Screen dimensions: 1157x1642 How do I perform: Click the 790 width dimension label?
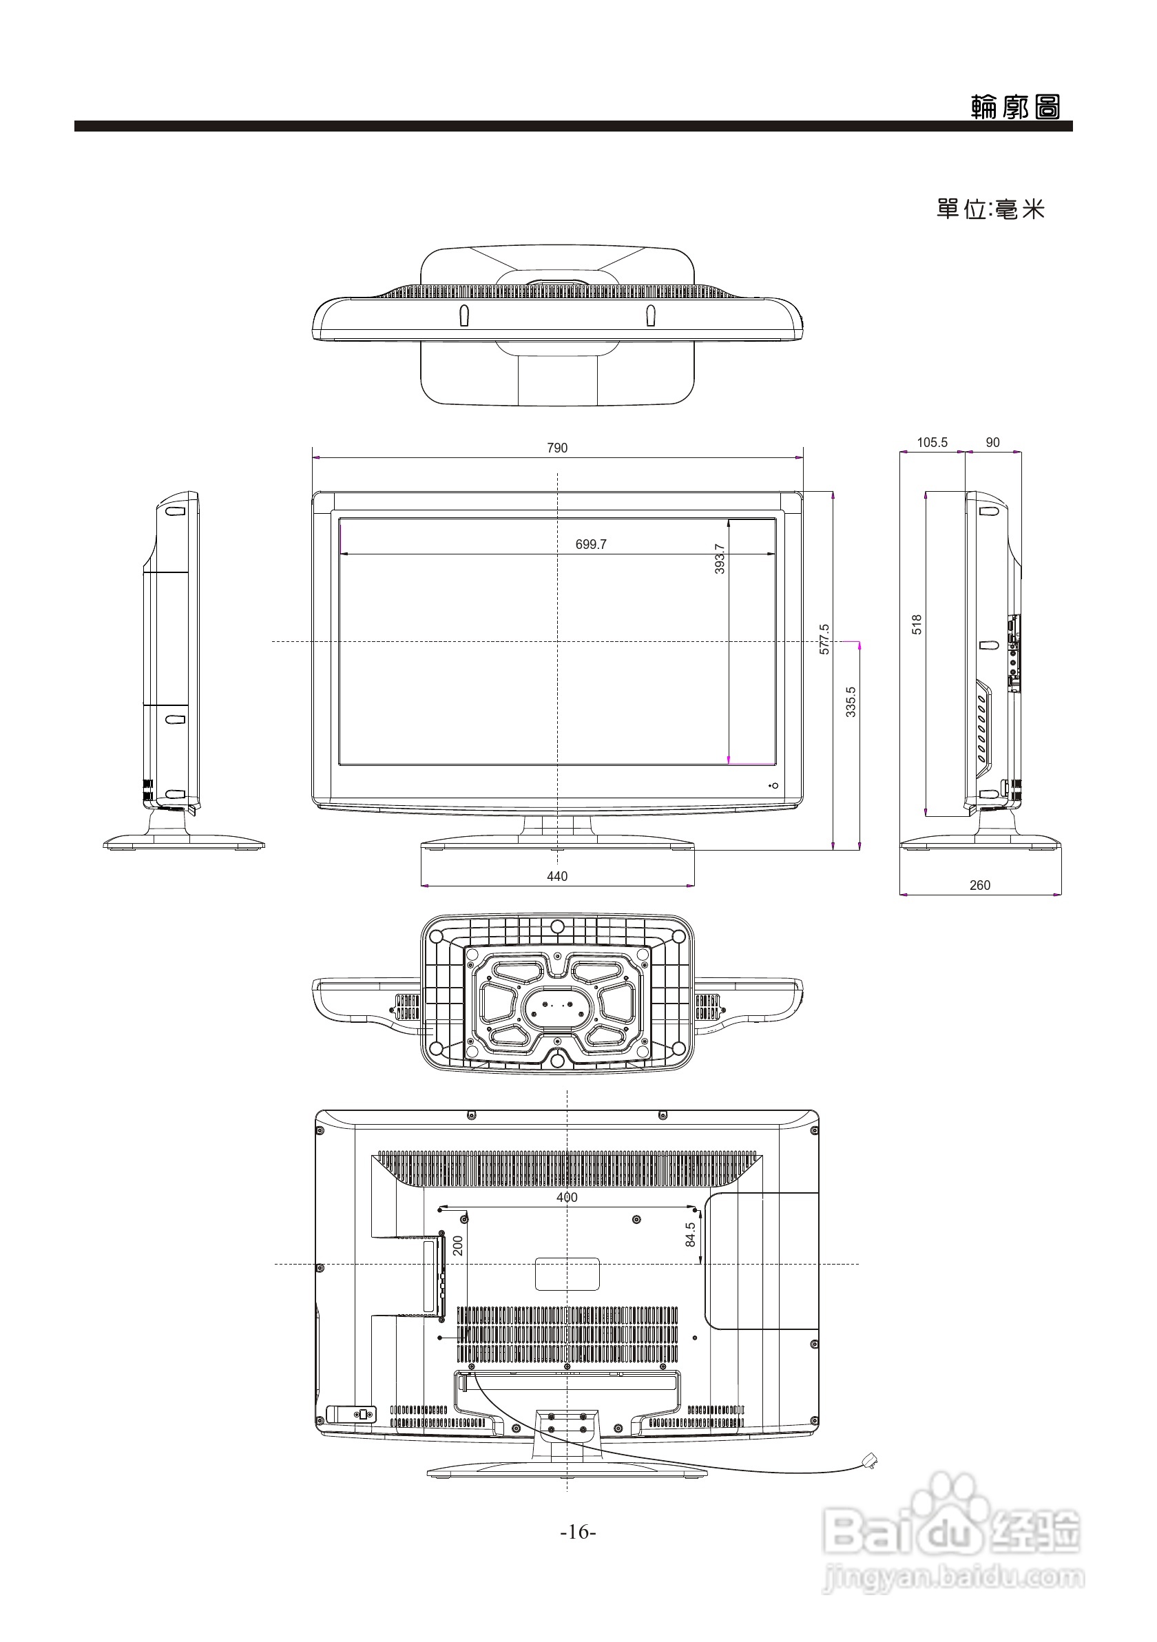click(x=557, y=448)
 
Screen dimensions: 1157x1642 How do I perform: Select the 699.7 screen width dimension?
click(x=591, y=544)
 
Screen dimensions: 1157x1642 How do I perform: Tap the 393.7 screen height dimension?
click(x=720, y=559)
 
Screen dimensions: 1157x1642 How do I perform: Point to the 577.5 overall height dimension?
click(x=824, y=638)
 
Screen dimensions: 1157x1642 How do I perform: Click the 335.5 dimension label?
click(x=851, y=702)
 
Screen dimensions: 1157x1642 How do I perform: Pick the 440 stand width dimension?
click(x=557, y=876)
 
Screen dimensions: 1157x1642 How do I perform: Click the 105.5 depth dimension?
click(x=932, y=442)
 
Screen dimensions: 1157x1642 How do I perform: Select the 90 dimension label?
click(x=992, y=442)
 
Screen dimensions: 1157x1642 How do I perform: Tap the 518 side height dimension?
click(x=917, y=624)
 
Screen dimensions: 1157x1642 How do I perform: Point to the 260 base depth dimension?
click(x=979, y=884)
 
